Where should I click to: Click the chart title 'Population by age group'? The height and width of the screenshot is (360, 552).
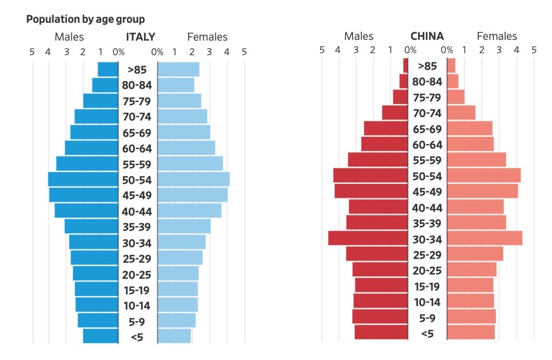(85, 20)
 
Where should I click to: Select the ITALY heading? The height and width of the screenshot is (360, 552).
(140, 37)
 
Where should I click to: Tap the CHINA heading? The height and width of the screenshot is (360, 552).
(427, 37)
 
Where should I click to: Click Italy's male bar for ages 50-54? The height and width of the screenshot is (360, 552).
(83, 179)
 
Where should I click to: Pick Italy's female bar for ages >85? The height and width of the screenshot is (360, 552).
(178, 70)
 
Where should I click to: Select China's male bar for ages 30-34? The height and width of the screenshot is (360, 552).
(368, 238)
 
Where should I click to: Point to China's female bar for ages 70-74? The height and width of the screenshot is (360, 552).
(461, 113)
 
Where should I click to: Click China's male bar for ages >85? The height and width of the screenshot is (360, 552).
(406, 66)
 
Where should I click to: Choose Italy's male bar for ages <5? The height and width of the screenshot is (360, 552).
(100, 336)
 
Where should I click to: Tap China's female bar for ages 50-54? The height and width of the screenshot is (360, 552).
(484, 176)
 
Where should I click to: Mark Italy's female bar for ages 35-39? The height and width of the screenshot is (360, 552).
(184, 226)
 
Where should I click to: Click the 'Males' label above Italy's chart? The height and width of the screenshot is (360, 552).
(69, 37)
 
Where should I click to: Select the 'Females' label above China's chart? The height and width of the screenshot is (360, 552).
(496, 37)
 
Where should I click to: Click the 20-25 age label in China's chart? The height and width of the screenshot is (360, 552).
(427, 271)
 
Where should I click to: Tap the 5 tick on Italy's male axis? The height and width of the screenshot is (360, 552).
(32, 52)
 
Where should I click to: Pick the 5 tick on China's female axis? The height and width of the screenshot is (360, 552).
(534, 50)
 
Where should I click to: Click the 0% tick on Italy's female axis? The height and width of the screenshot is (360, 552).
(157, 52)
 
